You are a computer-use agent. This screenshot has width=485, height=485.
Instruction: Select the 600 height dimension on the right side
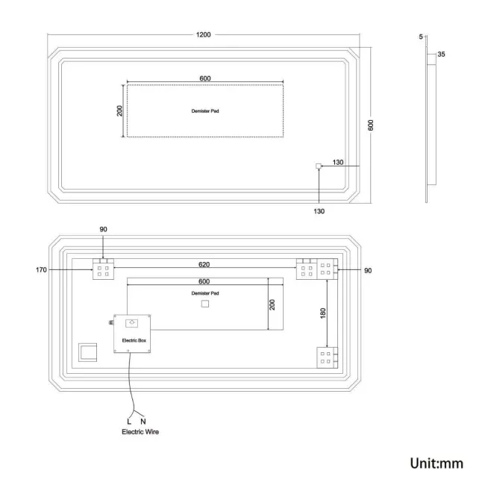(371, 125)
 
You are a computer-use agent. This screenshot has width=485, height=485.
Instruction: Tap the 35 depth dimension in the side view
(441, 54)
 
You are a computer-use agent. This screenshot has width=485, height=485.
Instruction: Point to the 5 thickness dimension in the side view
(421, 37)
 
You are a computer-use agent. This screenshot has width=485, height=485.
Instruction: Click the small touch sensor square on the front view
(319, 166)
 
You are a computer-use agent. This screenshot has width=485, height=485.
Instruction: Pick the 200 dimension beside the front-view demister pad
(119, 110)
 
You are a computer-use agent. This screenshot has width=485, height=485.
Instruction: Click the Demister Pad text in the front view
(205, 110)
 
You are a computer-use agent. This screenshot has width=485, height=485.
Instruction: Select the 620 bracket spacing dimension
(204, 264)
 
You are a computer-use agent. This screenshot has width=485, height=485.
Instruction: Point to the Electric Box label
(131, 339)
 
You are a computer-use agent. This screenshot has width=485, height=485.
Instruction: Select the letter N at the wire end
(143, 421)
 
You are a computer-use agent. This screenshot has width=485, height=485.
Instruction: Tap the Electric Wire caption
(141, 432)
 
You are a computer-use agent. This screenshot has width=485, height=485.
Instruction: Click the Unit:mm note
(436, 463)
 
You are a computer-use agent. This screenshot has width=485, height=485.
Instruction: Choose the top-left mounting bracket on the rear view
(102, 270)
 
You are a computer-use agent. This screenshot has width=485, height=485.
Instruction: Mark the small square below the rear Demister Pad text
(205, 304)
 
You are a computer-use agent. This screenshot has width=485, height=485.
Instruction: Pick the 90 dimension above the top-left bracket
(104, 230)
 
